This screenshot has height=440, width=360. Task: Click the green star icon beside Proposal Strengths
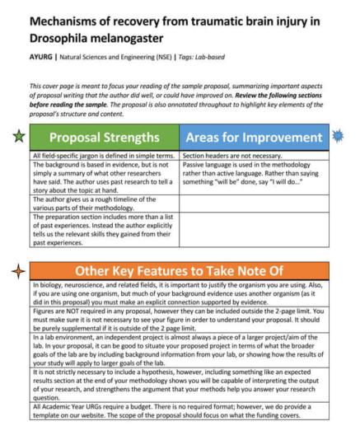point(19,137)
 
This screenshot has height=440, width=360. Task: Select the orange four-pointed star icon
point(16,271)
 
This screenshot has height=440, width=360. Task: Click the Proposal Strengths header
point(103,138)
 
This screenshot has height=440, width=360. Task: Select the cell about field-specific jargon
point(103,155)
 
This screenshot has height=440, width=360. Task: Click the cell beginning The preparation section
point(103,230)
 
